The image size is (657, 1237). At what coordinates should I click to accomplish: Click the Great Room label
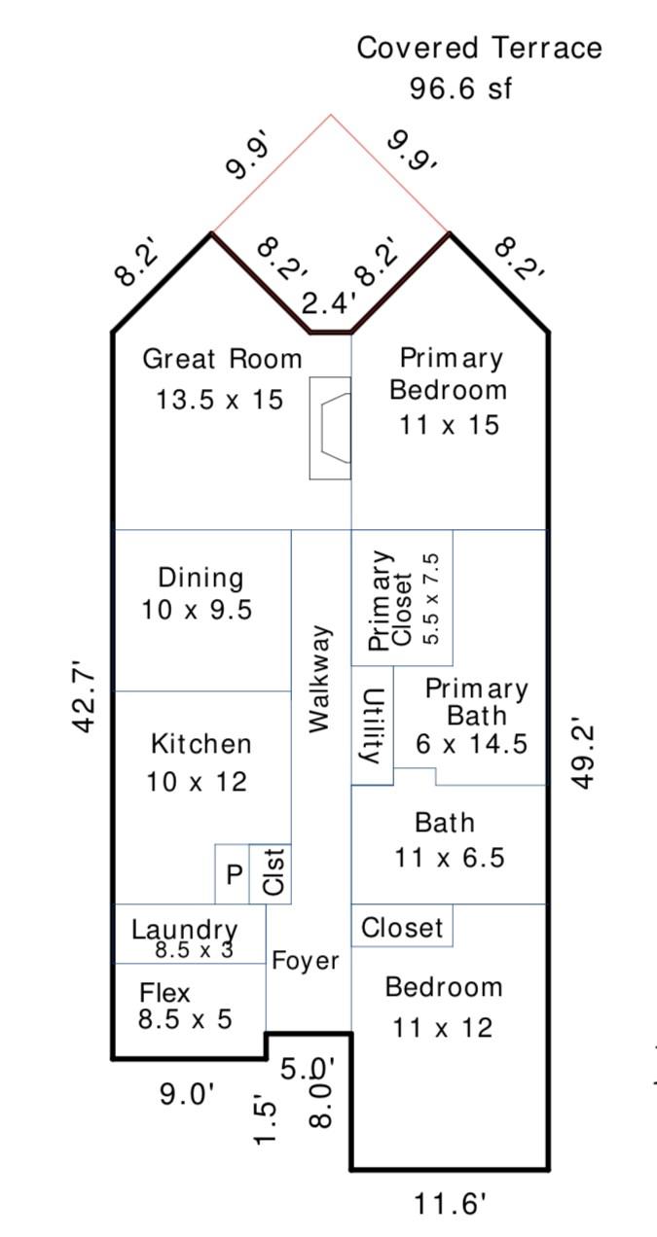222,359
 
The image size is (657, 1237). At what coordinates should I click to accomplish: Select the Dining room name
201,578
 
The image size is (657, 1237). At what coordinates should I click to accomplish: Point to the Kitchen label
201,744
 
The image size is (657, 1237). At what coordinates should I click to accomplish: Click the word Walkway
320,679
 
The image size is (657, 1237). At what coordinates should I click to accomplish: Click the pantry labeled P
235,874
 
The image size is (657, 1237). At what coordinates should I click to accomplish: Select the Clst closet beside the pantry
274,872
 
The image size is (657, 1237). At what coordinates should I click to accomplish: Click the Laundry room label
184,930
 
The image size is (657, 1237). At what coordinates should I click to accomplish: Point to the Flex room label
164,993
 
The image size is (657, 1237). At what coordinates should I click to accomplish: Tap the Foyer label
305,961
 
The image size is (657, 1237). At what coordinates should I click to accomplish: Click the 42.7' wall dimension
85,701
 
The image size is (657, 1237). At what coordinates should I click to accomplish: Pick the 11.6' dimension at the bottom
451,1204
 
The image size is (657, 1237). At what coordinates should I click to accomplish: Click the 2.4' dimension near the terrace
328,303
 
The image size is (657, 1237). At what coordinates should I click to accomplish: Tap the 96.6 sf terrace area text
460,88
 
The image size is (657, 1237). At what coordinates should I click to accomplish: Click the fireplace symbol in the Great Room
330,428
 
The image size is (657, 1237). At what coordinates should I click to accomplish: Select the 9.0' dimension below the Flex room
187,1093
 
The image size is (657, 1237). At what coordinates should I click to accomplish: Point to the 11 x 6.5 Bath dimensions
450,858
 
